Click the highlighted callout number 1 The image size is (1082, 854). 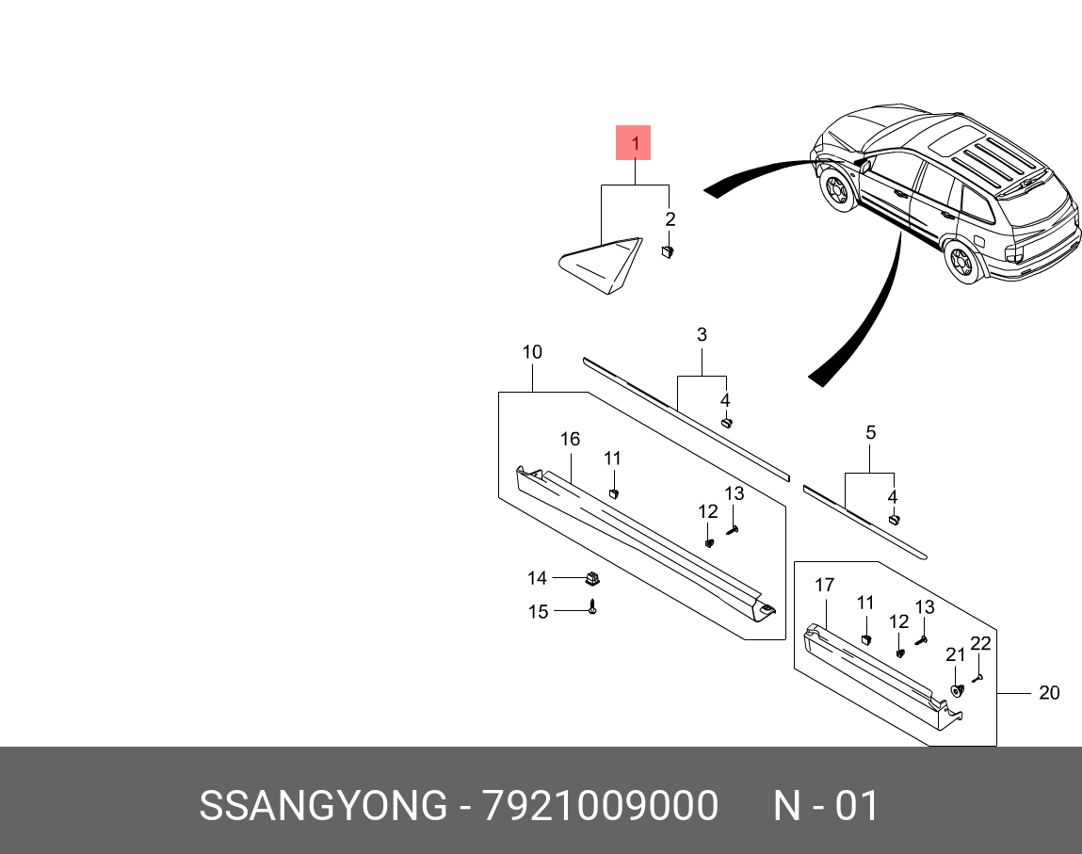[634, 144]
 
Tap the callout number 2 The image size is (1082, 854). [670, 219]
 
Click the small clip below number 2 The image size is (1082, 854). [668, 251]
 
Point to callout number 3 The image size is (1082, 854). [702, 334]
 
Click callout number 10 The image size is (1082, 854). [532, 352]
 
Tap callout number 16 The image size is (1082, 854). [570, 439]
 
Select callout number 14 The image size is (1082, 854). [537, 577]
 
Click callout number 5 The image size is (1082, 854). [870, 432]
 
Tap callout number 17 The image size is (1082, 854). [824, 585]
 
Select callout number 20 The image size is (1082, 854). [1049, 693]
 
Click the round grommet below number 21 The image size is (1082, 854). [957, 690]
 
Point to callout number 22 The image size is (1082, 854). [980, 644]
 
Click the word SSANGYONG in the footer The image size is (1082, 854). [323, 807]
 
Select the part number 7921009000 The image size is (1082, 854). [600, 807]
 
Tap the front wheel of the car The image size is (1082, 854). [836, 190]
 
